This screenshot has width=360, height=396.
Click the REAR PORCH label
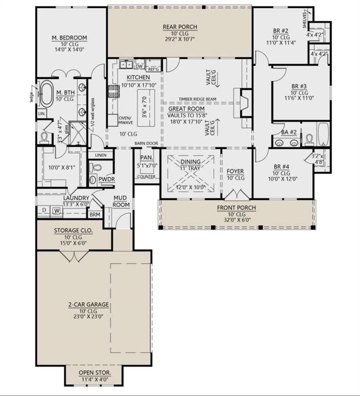pyautogui.click(x=180, y=27)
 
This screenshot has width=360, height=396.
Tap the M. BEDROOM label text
pyautogui.click(x=69, y=38)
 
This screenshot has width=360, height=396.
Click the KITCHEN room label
pyautogui.click(x=134, y=77)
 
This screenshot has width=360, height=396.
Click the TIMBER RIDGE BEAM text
pyautogui.click(x=197, y=99)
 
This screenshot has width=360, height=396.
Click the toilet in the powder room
pyautogui.click(x=94, y=167)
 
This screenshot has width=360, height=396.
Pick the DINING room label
pyautogui.click(x=190, y=161)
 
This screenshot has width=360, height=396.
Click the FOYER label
pyautogui.click(x=235, y=171)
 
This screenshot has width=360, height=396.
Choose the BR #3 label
pyautogui.click(x=299, y=86)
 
